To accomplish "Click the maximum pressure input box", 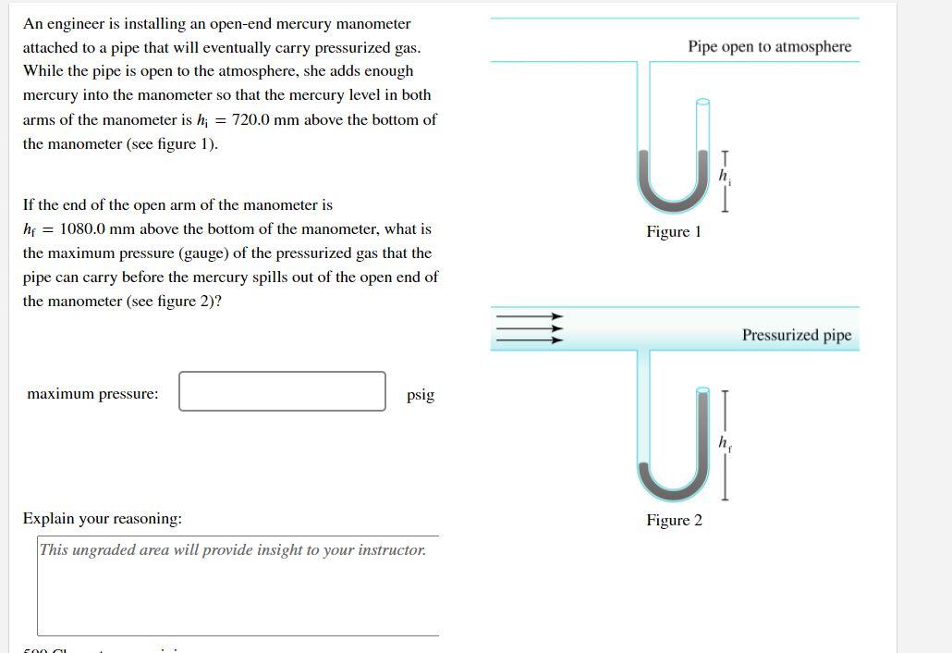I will tap(282, 391).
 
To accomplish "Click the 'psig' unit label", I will tap(420, 395).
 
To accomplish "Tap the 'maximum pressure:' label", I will tap(92, 394).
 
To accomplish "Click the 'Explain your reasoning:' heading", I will tap(102, 519).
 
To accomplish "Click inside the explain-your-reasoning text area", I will tap(238, 592).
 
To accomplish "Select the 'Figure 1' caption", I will tap(674, 231).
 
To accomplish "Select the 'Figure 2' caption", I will tap(674, 520).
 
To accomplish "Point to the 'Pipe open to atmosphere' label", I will tap(769, 46).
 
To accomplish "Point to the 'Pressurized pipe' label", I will tap(796, 335).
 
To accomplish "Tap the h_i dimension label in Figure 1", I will tap(726, 174).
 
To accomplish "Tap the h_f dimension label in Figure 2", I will tap(726, 442).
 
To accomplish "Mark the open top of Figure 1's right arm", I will tap(702, 103).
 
